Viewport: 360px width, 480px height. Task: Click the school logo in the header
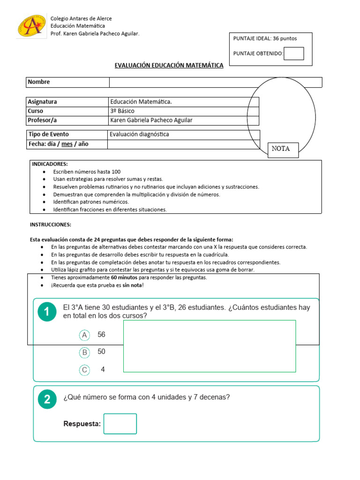click(31, 26)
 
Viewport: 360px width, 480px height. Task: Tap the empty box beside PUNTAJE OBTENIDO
click(294, 53)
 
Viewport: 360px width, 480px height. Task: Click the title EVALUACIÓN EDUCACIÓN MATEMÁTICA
click(169, 66)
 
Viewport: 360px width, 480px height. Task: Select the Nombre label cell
click(67, 82)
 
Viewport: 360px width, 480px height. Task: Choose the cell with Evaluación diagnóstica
click(139, 134)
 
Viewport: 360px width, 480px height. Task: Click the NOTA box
click(283, 150)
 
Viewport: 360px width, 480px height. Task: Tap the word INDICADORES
click(50, 164)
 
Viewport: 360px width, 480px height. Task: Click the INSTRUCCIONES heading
click(51, 225)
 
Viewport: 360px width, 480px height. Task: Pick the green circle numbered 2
click(47, 399)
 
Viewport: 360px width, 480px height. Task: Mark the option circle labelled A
click(84, 335)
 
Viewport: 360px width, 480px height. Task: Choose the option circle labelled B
click(84, 352)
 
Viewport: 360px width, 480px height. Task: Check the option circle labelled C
click(84, 370)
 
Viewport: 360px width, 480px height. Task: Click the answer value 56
click(101, 335)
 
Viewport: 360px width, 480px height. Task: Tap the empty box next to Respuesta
click(120, 424)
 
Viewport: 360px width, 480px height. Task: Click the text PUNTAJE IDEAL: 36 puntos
click(265, 38)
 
